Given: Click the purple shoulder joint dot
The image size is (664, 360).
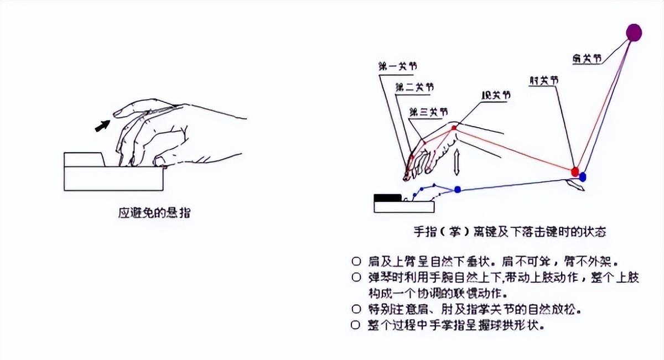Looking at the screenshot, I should [634, 33].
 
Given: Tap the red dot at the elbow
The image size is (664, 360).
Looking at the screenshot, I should [575, 171].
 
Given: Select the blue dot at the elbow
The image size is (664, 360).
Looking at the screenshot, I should [583, 177].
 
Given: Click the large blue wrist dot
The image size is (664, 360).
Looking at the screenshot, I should [458, 190].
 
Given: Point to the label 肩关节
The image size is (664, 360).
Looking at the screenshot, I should [588, 58].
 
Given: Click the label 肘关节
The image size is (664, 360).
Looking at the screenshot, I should [543, 80].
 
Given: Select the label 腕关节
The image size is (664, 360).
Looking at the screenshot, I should [496, 95].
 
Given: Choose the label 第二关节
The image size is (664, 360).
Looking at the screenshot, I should [414, 87].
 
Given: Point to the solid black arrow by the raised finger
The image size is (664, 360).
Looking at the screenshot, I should [101, 126].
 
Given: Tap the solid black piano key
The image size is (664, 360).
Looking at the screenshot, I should [387, 197].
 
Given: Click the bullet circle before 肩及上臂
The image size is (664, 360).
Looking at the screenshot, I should [355, 260].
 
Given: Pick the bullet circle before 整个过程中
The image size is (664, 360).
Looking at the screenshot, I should [355, 325].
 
